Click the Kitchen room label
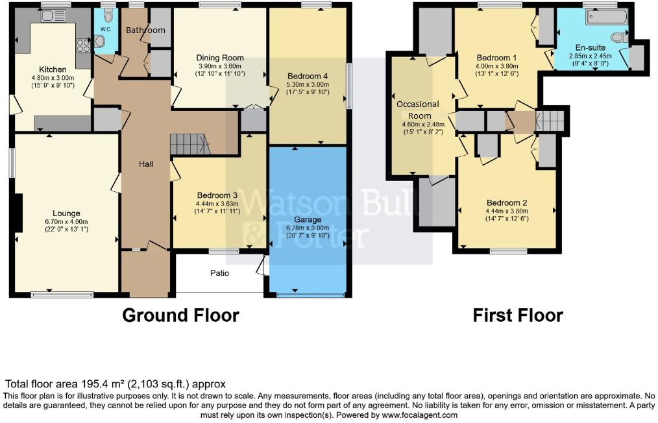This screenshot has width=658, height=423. tap(53, 69)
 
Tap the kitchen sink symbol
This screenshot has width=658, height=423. tap(53, 16)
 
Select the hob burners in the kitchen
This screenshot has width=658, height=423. tap(83, 46)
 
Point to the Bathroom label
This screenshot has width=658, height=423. tap(145, 30)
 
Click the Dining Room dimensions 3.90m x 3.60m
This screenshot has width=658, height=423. tap(219, 66)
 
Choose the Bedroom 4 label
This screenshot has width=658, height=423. tap(308, 76)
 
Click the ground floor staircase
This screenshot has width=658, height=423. tap(189, 145)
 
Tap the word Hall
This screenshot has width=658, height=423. tap(146, 164)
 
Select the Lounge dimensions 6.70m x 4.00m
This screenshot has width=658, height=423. tap(66, 222)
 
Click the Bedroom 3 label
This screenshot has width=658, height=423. tap(217, 195)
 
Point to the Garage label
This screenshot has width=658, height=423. tap(308, 219)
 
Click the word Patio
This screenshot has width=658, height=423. tap(219, 273)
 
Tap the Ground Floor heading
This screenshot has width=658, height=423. tap(180, 315)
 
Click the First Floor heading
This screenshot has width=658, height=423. tap(518, 315)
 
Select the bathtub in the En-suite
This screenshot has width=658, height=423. tap(606, 18)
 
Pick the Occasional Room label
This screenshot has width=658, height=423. tap(419, 110)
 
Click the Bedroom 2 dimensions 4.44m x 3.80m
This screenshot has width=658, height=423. tap(507, 211)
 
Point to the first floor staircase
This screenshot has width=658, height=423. tap(550, 121)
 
